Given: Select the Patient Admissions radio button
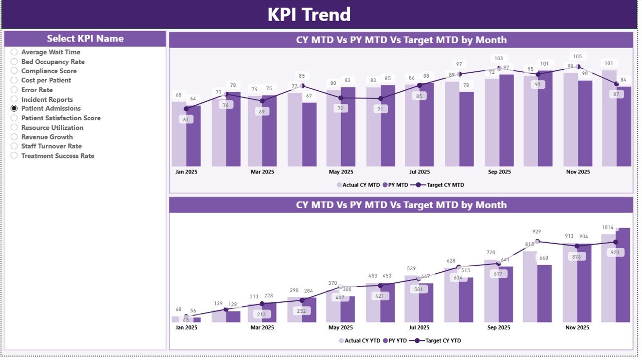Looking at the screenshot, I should [14, 108].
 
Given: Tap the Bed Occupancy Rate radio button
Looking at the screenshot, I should [14, 62].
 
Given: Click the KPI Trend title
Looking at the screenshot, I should [309, 15].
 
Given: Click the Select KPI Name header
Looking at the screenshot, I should [85, 39].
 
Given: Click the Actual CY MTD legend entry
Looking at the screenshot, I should [358, 185].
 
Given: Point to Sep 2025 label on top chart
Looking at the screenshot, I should [499, 172].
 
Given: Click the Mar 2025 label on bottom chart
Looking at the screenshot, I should [262, 327].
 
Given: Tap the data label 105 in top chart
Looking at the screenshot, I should [577, 57].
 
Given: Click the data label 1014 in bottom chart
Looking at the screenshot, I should [607, 227].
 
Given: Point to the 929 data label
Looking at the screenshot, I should [537, 232].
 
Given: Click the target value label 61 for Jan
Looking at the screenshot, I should [186, 119].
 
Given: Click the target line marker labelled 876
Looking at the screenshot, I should [577, 246].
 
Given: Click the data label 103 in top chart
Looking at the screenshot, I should [499, 59].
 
